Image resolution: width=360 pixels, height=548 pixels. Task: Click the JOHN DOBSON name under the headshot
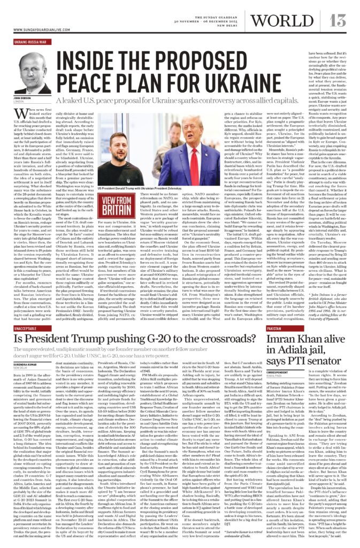pos(24,98)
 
